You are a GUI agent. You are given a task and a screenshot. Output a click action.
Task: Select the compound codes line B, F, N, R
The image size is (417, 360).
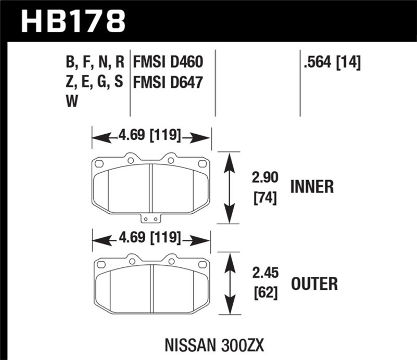94,63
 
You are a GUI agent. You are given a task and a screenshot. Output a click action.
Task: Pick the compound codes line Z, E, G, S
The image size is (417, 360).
94,82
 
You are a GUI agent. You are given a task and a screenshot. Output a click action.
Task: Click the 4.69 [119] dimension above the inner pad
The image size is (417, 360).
151,137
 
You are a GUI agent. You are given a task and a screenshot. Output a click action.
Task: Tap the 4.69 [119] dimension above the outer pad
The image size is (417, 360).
151,239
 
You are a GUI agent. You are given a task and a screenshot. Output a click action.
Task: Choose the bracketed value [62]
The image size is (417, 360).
262,294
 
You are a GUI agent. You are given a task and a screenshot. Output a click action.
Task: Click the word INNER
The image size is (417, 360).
311,187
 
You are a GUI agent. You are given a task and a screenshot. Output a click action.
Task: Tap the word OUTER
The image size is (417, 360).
314,284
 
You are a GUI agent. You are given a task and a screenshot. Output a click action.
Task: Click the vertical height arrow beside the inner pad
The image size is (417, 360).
228,188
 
